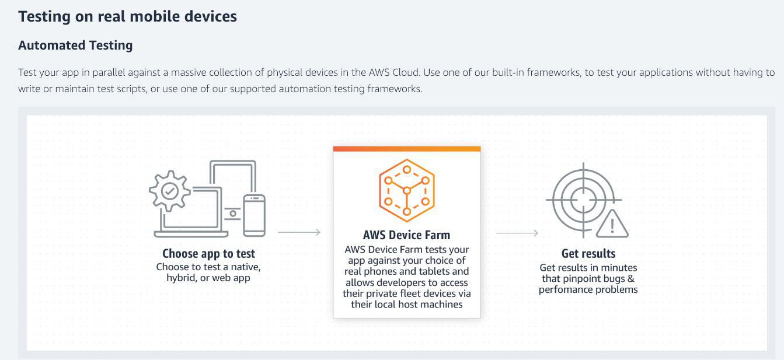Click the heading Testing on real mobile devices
[x=127, y=16]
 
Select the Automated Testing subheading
[x=75, y=45]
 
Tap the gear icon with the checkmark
[x=169, y=190]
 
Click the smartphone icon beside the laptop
[x=254, y=215]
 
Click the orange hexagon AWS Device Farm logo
[x=406, y=190]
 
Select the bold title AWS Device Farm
[x=406, y=235]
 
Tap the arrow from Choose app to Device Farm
[x=299, y=232]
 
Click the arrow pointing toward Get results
[x=517, y=233]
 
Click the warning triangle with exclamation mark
[x=612, y=223]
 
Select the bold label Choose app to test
[x=208, y=254]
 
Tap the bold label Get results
[x=588, y=253]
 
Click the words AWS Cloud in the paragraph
[x=393, y=72]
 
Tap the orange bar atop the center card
[x=406, y=149]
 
